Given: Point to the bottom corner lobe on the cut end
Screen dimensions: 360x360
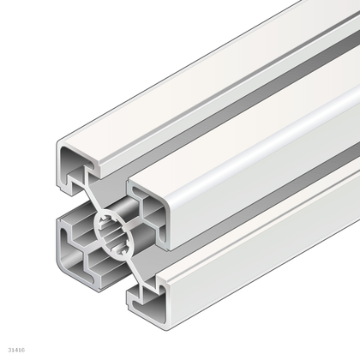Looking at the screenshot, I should point(146,295).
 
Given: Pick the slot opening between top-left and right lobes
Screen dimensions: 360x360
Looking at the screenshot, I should point(120,185).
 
